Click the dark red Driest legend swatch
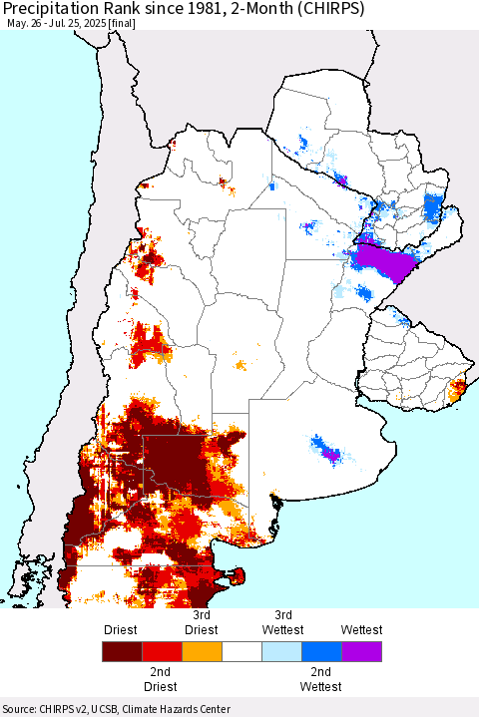(x=121, y=653)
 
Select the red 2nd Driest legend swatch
(x=161, y=653)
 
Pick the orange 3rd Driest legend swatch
(x=201, y=653)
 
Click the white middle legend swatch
(x=240, y=653)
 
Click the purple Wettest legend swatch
(x=360, y=653)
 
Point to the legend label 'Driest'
(x=121, y=630)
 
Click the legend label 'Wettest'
(x=360, y=630)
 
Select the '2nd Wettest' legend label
(x=320, y=679)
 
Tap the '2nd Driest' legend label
(x=161, y=679)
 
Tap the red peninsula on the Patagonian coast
(x=236, y=574)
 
